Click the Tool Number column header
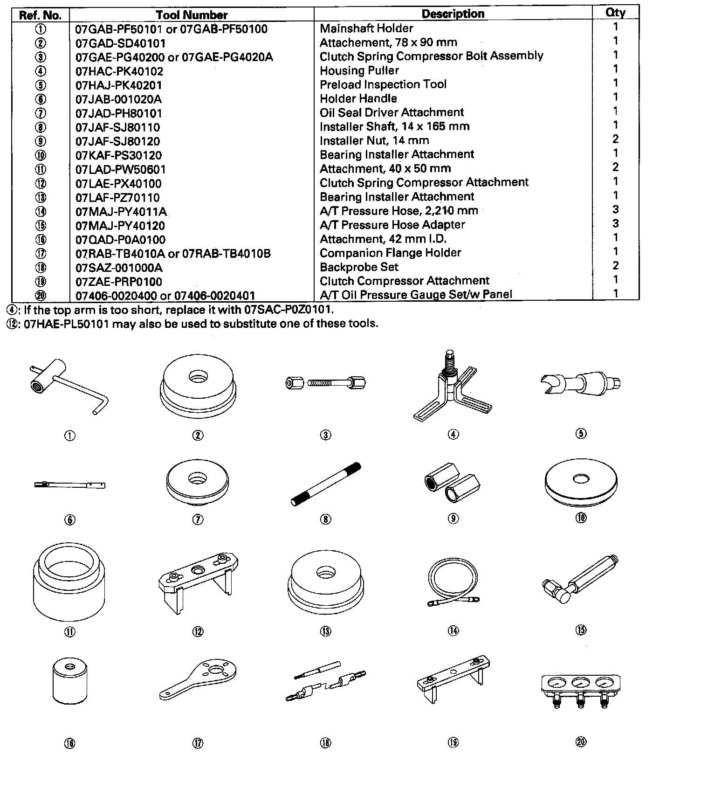[192, 15]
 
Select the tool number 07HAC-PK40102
[119, 71]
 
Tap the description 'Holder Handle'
[358, 98]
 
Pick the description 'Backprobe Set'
[359, 267]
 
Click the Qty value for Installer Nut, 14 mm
[615, 139]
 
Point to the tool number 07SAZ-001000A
[119, 268]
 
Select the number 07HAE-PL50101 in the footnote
[66, 324]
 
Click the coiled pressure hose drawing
[453, 583]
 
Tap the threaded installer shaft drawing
[325, 484]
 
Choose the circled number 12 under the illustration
[198, 632]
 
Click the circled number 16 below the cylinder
[69, 744]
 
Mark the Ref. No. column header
[40, 15]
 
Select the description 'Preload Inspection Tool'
[383, 84]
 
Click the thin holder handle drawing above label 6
[69, 485]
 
